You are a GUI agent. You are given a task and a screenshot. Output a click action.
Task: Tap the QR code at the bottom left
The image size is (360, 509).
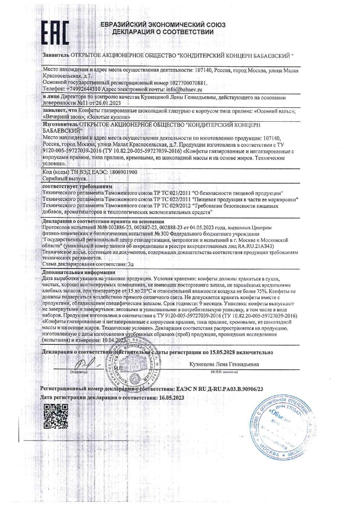click(56, 416)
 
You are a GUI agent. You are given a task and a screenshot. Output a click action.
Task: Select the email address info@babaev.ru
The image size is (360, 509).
click(184, 89)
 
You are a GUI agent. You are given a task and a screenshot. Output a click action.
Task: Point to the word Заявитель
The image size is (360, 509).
click(56, 56)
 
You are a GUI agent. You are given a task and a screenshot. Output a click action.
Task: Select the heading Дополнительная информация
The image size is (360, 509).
click(78, 272)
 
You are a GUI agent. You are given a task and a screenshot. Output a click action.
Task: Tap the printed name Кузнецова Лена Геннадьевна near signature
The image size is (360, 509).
click(224, 364)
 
